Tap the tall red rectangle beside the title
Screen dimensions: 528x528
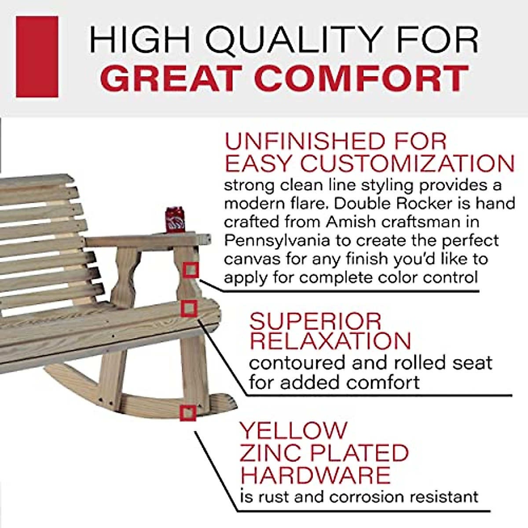(x=37, y=57)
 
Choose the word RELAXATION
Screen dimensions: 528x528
(x=330, y=341)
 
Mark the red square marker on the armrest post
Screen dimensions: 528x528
(x=191, y=270)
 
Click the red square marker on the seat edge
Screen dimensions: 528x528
(x=188, y=308)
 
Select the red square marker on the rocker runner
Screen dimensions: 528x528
(x=188, y=413)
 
